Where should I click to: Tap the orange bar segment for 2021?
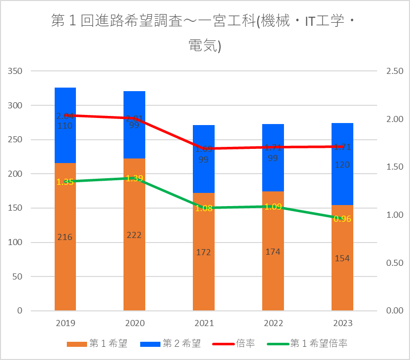pyautogui.click(x=203, y=278)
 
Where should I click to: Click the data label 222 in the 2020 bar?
pyautogui.click(x=134, y=235)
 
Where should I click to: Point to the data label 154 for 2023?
pyautogui.click(x=342, y=258)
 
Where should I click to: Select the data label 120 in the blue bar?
pyautogui.click(x=342, y=165)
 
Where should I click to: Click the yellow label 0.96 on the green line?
pyautogui.click(x=342, y=219)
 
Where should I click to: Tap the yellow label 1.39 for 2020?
pyautogui.click(x=134, y=178)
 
